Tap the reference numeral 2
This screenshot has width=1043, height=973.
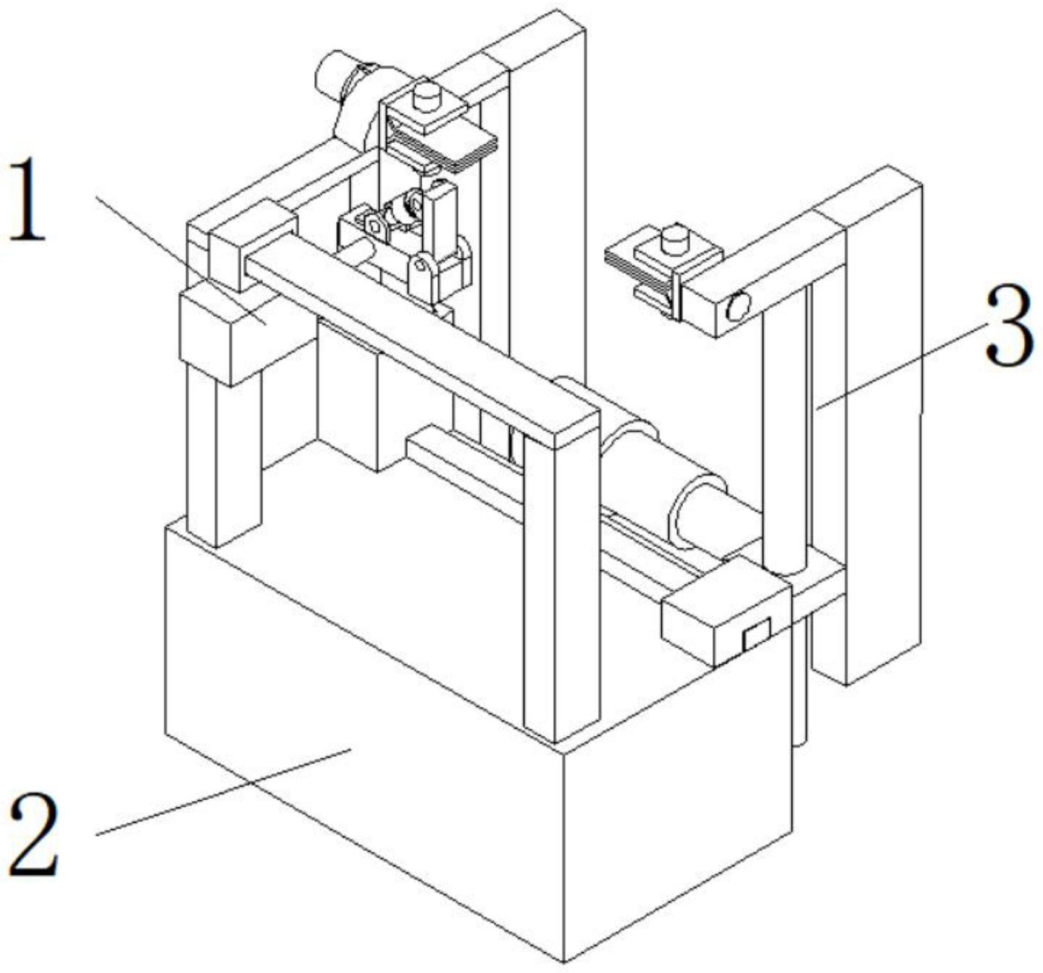pos(35,836)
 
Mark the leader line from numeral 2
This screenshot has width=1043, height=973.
pos(224,791)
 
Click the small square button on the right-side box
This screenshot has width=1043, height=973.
pos(756,636)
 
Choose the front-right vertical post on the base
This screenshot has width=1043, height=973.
pos(561,582)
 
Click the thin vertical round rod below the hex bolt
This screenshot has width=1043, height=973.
pos(786,437)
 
